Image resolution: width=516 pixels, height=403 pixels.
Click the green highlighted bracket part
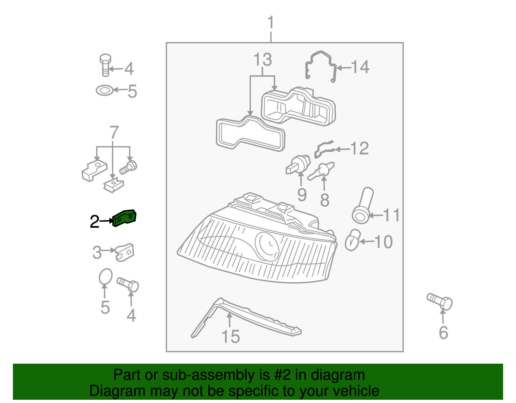click(124, 218)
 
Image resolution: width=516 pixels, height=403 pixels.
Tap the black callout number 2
click(94, 222)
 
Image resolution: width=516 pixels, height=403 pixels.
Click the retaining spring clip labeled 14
click(321, 66)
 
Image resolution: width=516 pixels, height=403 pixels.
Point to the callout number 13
click(263, 60)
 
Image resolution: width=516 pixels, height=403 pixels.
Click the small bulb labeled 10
click(352, 240)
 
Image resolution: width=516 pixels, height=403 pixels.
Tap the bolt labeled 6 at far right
click(440, 301)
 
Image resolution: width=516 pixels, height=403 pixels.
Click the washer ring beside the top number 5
click(105, 90)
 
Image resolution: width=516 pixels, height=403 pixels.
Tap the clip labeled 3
click(124, 252)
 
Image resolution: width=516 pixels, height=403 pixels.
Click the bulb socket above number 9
click(298, 164)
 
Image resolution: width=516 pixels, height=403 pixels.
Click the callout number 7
click(114, 133)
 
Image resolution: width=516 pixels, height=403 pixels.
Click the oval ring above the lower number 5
click(105, 277)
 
